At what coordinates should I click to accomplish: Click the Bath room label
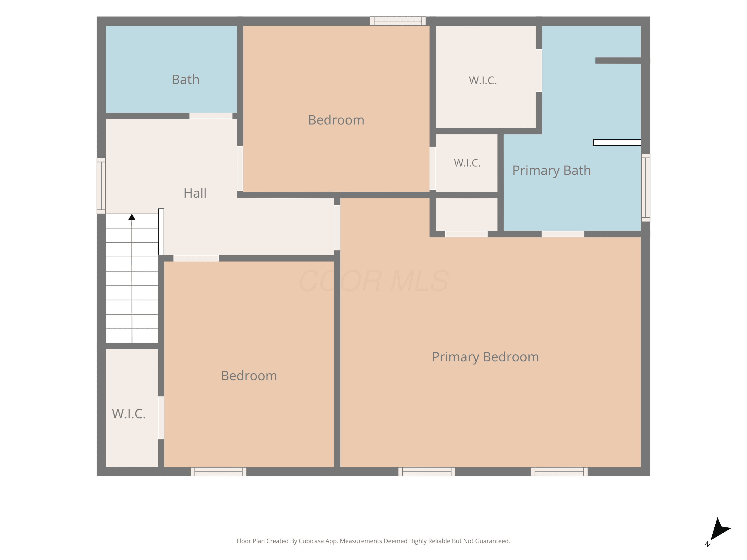(186, 80)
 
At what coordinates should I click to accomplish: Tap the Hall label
(195, 193)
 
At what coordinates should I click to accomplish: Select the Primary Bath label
(552, 171)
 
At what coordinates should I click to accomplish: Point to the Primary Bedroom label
(485, 357)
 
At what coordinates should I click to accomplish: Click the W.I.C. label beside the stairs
(129, 414)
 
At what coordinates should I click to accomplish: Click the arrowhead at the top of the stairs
(132, 217)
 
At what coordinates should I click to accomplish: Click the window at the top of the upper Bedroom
(398, 21)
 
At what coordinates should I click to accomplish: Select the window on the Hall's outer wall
(101, 186)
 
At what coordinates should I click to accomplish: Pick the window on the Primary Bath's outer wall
(645, 188)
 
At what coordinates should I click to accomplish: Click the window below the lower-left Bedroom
(218, 472)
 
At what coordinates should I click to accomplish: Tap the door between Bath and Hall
(211, 116)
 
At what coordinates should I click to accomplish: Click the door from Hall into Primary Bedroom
(337, 227)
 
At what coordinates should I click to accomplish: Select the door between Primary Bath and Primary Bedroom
(563, 234)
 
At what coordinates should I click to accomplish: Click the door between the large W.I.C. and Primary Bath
(539, 70)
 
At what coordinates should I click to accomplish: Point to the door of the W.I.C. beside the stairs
(161, 418)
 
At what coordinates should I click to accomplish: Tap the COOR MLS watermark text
(373, 281)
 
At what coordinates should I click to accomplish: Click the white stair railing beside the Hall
(161, 232)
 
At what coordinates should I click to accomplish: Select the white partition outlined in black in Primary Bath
(617, 142)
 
